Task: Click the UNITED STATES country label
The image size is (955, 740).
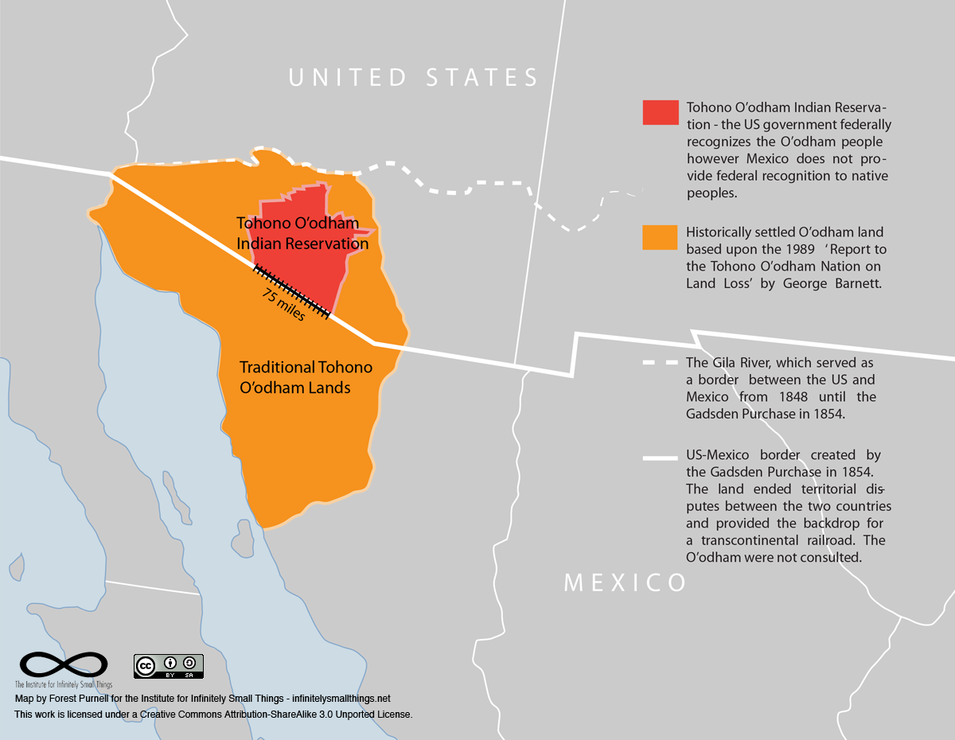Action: tap(413, 78)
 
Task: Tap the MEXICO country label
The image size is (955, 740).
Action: tap(625, 582)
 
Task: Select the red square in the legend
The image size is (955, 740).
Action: tap(661, 112)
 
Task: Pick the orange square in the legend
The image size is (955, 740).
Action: tap(661, 238)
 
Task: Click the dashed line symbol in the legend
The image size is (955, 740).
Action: tap(661, 363)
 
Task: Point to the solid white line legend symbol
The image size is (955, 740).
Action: tap(661, 458)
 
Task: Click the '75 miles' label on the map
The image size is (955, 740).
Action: tap(283, 305)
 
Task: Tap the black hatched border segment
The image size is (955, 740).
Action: tap(290, 291)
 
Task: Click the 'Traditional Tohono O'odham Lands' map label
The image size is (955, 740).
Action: tap(306, 378)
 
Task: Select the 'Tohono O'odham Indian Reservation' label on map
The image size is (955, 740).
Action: tap(302, 234)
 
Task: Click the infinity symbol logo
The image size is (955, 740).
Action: tap(64, 664)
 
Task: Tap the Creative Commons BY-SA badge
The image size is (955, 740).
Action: tap(168, 666)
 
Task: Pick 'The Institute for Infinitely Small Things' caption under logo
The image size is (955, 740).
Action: tap(64, 684)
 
